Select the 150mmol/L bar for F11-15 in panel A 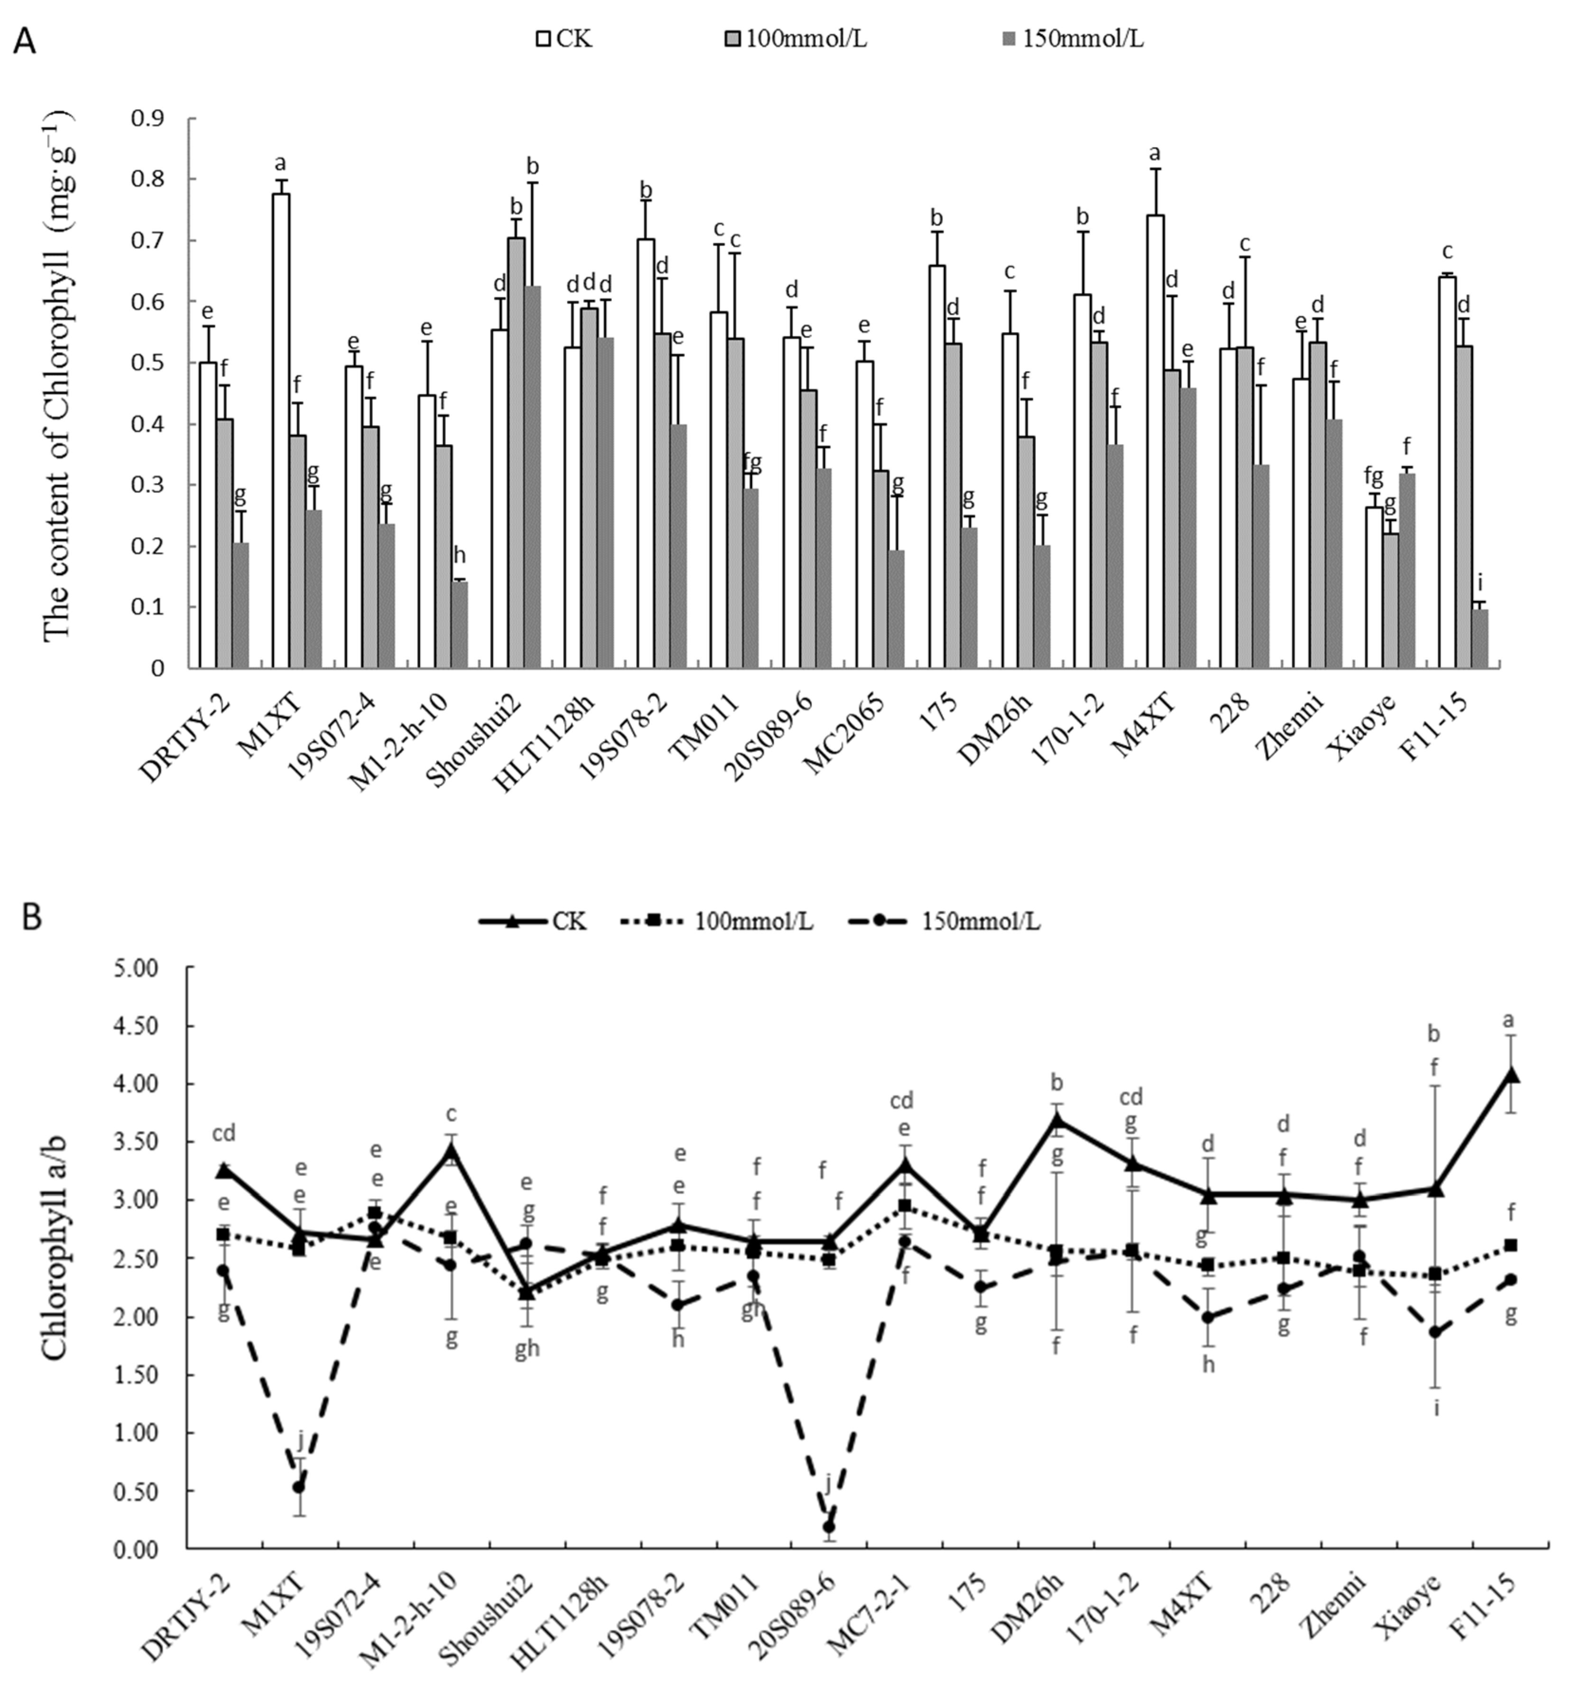click(x=1479, y=639)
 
